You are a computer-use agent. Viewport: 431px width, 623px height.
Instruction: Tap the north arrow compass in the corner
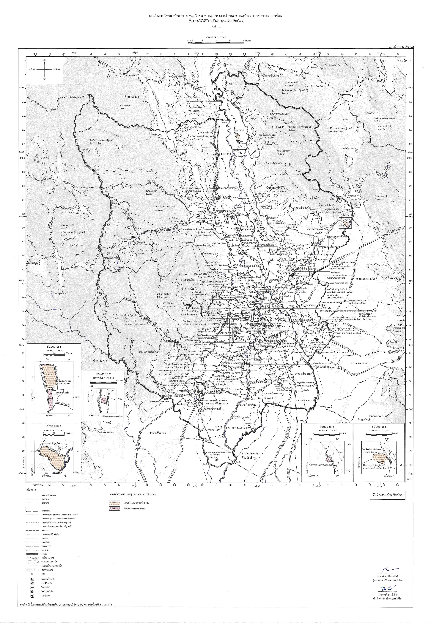click(x=45, y=69)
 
